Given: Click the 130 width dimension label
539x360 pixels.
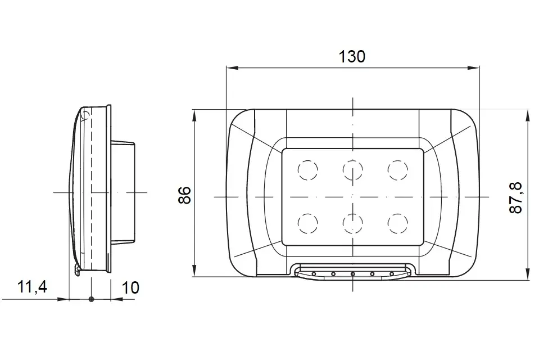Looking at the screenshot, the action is tap(352, 57).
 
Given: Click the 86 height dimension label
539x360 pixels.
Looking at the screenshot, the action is tap(185, 195).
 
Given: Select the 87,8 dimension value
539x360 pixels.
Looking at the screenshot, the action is tap(515, 198).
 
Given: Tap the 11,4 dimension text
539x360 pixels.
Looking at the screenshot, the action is tap(32, 287).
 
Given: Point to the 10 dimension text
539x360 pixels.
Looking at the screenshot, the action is tap(130, 288).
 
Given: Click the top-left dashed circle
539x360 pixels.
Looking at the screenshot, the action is tap(307, 170).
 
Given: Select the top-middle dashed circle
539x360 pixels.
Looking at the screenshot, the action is tap(353, 170).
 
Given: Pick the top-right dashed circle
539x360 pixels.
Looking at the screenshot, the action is tap(398, 170).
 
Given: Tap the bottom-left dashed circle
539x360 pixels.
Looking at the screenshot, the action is tap(307, 223).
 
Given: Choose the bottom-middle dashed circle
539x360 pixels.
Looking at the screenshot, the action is tap(353, 223).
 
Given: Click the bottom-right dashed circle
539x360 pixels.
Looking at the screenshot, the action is tap(398, 223).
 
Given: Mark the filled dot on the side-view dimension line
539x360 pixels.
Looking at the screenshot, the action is tap(91, 299).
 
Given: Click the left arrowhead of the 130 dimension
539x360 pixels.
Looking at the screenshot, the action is tap(232, 68).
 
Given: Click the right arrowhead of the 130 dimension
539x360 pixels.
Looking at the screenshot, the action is tap(473, 68).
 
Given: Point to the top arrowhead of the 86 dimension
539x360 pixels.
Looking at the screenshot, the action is tap(194, 115).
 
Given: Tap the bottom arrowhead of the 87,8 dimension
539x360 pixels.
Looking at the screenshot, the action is tap(527, 274).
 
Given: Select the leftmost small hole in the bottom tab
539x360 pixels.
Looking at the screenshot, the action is tap(314, 274).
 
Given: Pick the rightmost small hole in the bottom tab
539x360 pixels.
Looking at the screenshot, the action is tap(392, 274).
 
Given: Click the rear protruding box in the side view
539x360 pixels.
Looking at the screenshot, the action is tap(123, 192).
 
